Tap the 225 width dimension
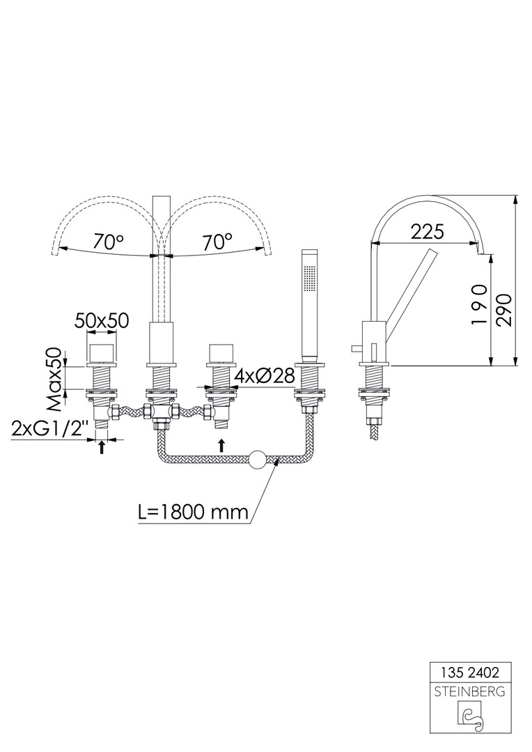pyautogui.click(x=428, y=232)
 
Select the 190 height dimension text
pyautogui.click(x=479, y=306)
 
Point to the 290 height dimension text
pyautogui.click(x=504, y=310)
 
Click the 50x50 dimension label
pyautogui.click(x=102, y=320)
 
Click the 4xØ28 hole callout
pyautogui.click(x=265, y=377)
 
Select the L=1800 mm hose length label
pyautogui.click(x=194, y=513)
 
